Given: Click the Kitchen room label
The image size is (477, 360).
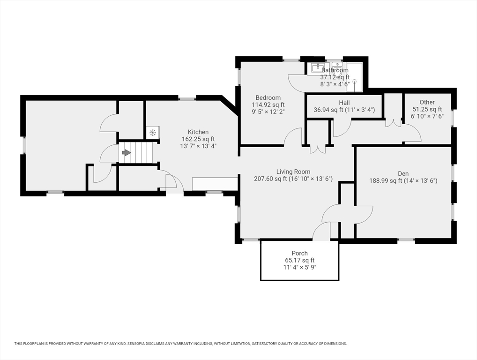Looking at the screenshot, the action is [x=198, y=132].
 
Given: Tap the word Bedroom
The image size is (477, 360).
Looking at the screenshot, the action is [x=268, y=97].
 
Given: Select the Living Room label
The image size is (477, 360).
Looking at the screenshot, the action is [x=293, y=172].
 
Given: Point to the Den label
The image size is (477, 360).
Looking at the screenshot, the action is [x=403, y=174].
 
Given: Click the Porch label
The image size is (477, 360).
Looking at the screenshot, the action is [x=299, y=253].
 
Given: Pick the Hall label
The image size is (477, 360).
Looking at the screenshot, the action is [x=344, y=103].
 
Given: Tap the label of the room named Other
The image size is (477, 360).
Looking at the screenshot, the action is [x=427, y=102].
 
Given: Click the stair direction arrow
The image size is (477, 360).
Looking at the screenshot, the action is [x=126, y=152].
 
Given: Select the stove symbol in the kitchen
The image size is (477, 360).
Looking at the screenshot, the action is [x=152, y=133].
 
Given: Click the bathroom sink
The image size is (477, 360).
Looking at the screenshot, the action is [x=318, y=67].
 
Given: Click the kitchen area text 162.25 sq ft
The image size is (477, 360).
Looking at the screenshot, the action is [x=198, y=139].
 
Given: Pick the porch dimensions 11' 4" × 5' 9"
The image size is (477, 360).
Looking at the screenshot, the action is [x=299, y=268].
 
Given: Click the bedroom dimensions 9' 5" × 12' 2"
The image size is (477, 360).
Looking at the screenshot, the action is [x=268, y=112].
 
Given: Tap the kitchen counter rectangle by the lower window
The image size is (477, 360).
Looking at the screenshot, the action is [x=215, y=184].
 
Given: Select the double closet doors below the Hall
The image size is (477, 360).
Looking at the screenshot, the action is [x=318, y=149].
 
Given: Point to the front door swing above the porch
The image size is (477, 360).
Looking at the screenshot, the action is [x=321, y=231].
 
